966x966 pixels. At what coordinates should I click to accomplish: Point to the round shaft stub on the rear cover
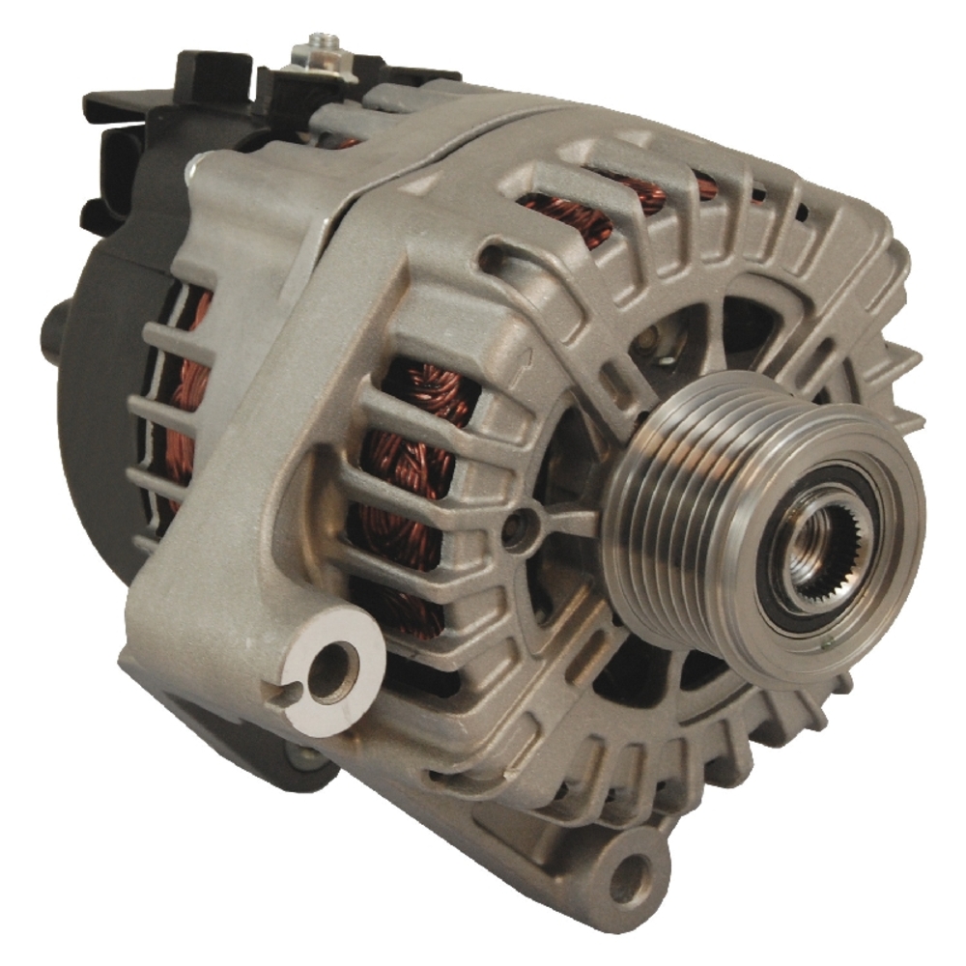(x=53, y=328)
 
